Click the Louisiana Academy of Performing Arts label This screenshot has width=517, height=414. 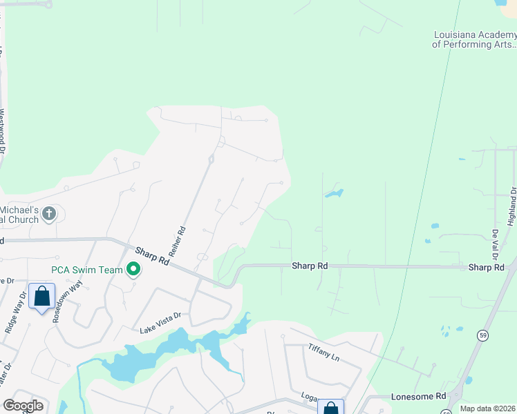[474, 39]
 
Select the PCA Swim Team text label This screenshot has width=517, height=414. [86, 270]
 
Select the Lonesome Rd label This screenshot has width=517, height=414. [419, 396]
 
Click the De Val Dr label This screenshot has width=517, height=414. [496, 240]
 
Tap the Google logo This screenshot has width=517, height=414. [23, 405]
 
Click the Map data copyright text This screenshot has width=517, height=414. [488, 408]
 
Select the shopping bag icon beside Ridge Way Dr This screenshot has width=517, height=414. [41, 296]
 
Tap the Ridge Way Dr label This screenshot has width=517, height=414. [16, 313]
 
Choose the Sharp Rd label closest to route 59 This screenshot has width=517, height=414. [485, 267]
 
